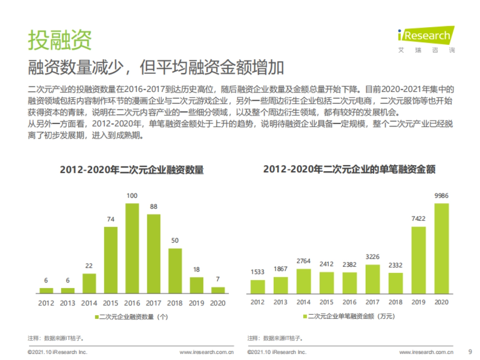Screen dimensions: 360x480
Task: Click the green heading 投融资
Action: [x=60, y=40]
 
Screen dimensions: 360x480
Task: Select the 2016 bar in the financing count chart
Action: [x=132, y=248]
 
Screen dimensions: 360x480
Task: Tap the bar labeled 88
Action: [x=154, y=254]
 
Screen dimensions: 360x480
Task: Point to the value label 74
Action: [x=111, y=219]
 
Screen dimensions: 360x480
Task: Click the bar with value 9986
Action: [x=442, y=248]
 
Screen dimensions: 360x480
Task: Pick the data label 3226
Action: [x=373, y=257]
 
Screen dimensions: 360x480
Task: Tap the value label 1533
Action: [x=258, y=272]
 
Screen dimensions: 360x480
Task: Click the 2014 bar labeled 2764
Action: [x=304, y=281]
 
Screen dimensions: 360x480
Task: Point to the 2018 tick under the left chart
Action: [x=175, y=303]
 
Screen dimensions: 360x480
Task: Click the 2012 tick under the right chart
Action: [x=258, y=302]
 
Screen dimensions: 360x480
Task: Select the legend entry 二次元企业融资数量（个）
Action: [x=131, y=317]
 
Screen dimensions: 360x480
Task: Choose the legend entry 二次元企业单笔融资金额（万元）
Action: [x=349, y=316]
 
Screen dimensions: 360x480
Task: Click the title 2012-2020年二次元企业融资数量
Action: [x=132, y=170]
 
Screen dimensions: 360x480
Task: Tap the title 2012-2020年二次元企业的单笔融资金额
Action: [x=349, y=170]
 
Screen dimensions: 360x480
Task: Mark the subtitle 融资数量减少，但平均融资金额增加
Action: [x=156, y=68]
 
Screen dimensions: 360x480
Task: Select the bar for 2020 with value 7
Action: [x=218, y=290]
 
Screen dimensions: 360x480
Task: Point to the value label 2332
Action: [x=396, y=265]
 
